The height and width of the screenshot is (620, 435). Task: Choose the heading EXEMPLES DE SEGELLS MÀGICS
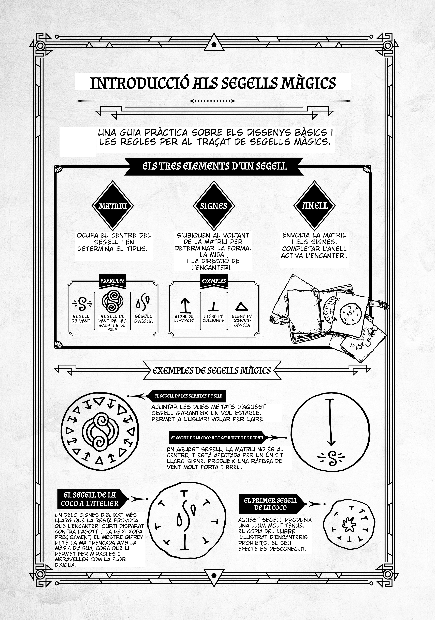(212, 371)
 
